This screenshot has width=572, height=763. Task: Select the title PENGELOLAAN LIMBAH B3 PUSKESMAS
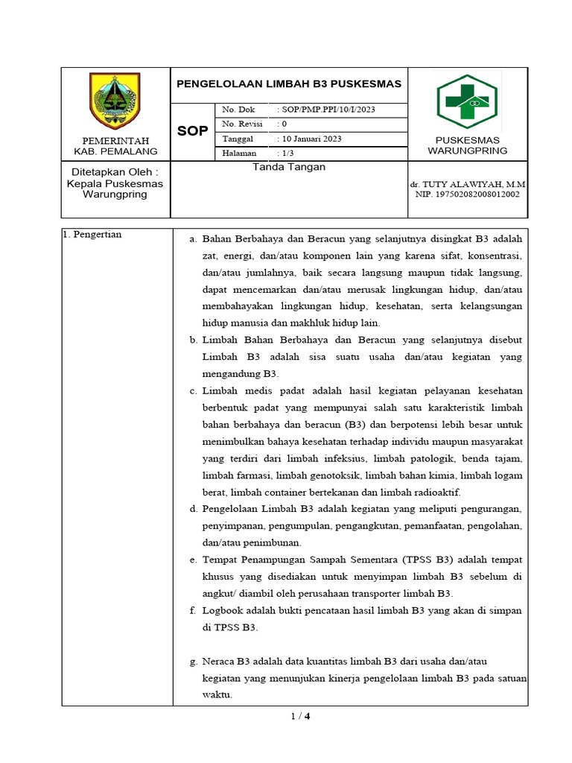pos(288,84)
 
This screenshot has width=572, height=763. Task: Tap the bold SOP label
pos(191,132)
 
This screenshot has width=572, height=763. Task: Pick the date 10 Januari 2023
pos(312,139)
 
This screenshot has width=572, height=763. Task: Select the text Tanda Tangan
pos(289,168)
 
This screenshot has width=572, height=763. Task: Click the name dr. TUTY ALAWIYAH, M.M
pos(468,183)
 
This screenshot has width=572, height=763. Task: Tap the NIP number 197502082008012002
pos(467,194)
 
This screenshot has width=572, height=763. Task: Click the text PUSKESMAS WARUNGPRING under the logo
pos(467,145)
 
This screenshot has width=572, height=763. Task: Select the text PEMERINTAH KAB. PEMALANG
pos(115,145)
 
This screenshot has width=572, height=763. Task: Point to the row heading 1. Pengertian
pos(92,235)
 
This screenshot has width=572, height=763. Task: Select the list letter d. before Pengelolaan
pos(193,509)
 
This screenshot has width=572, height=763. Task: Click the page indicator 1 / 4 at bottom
pos(299,718)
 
